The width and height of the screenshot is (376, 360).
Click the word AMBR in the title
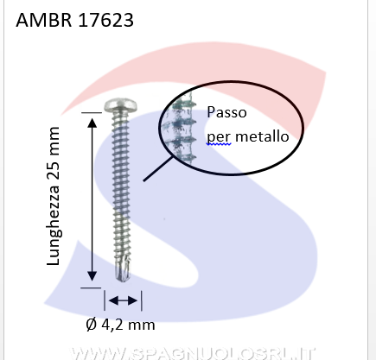pyautogui.click(x=44, y=20)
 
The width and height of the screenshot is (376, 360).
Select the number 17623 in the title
pyautogui.click(x=106, y=20)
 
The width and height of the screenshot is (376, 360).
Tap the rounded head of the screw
pyautogui.click(x=120, y=105)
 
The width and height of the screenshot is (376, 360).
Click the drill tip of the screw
pyautogui.click(x=123, y=274)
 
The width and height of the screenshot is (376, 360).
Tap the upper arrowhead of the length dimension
pyautogui.click(x=92, y=123)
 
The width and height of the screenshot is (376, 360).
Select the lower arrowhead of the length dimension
pyautogui.click(x=92, y=275)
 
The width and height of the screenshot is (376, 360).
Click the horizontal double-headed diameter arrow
pyautogui.click(x=123, y=300)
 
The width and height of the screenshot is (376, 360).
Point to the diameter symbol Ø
pyautogui.click(x=91, y=325)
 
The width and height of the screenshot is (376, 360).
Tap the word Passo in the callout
pyautogui.click(x=226, y=112)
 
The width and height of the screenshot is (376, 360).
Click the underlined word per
pyautogui.click(x=219, y=137)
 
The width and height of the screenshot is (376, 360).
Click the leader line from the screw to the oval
pyautogui.click(x=158, y=168)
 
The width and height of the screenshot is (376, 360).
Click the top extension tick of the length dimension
pyautogui.click(x=92, y=112)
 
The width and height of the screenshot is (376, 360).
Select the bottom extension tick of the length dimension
pyautogui.click(x=91, y=287)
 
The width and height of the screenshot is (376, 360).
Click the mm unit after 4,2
pyautogui.click(x=142, y=325)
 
